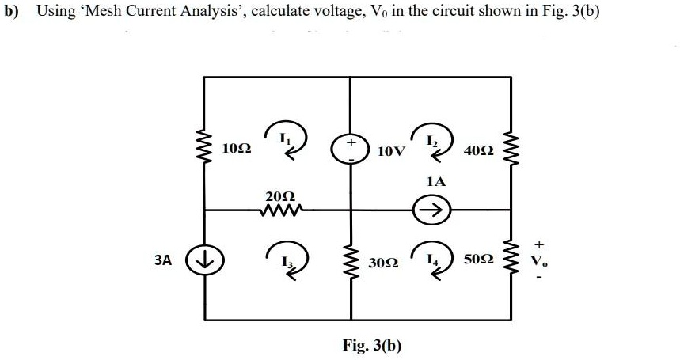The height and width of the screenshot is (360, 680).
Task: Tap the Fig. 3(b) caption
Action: click(371, 345)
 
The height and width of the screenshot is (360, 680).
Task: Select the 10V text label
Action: click(393, 150)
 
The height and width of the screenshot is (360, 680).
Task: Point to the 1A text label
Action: click(436, 181)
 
